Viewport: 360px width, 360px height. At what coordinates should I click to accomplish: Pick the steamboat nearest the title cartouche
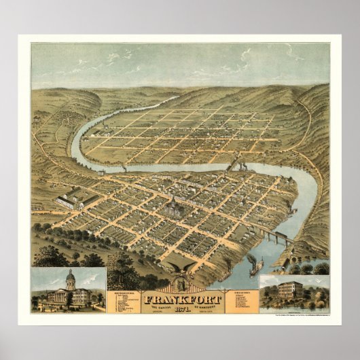(x=255, y=266)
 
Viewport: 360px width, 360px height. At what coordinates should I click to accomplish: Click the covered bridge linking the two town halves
(x=237, y=167)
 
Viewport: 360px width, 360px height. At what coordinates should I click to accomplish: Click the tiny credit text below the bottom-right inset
(x=299, y=314)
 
